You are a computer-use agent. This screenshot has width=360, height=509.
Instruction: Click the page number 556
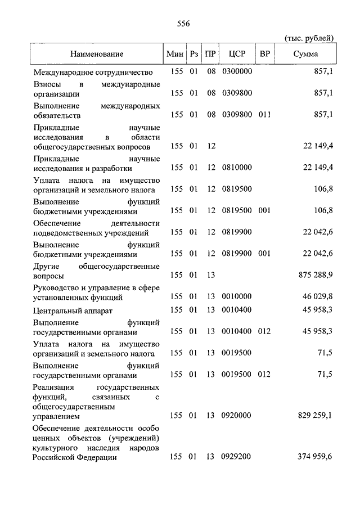[179, 23]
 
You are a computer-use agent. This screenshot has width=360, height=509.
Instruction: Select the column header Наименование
[97, 54]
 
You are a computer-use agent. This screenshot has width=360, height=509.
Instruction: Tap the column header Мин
[175, 54]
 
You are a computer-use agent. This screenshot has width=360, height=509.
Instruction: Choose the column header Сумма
[305, 54]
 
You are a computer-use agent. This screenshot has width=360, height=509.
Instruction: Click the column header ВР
[264, 54]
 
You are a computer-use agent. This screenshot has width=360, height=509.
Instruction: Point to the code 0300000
[237, 72]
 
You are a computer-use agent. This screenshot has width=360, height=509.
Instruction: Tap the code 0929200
[237, 457]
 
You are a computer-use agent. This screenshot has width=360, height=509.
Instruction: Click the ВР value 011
[264, 114]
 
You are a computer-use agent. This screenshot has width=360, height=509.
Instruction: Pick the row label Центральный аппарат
[73, 310]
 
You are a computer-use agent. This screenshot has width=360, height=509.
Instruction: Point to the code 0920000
[237, 416]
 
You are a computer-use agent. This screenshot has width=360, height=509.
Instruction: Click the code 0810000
[237, 168]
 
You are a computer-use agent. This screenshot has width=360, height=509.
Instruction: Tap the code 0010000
[237, 296]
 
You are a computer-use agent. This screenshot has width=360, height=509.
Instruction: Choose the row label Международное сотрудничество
[93, 72]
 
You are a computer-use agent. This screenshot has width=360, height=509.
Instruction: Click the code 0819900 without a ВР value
[237, 232]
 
